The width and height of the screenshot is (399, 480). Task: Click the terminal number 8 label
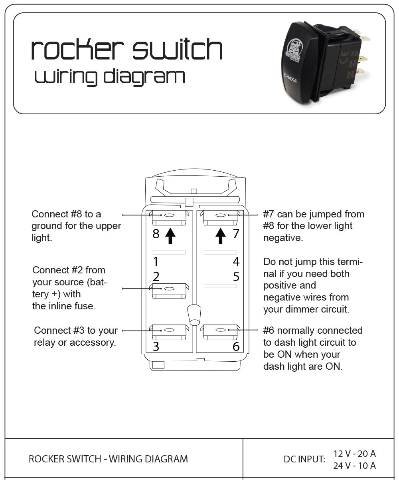[x=156, y=234]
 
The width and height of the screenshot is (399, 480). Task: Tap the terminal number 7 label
[x=236, y=234]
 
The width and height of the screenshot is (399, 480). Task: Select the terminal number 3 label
[x=156, y=347]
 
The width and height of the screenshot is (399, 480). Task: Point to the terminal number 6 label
[x=236, y=347]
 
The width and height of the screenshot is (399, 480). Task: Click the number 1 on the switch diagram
[x=156, y=262]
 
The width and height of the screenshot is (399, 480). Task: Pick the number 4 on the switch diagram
[x=236, y=262]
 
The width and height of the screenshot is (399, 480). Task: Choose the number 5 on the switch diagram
[x=236, y=276]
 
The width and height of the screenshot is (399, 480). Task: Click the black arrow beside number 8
[x=170, y=235]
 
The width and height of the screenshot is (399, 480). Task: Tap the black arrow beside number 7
[x=220, y=235]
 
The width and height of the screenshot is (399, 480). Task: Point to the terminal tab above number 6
[x=220, y=331]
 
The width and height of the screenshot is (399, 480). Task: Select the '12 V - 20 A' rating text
[x=354, y=454]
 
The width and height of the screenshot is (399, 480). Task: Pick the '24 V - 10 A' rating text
[x=354, y=465]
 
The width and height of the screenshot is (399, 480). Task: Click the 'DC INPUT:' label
[x=304, y=459]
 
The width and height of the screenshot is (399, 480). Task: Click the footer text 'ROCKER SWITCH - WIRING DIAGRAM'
[x=108, y=459]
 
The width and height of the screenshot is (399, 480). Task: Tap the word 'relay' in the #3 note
[x=45, y=343]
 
